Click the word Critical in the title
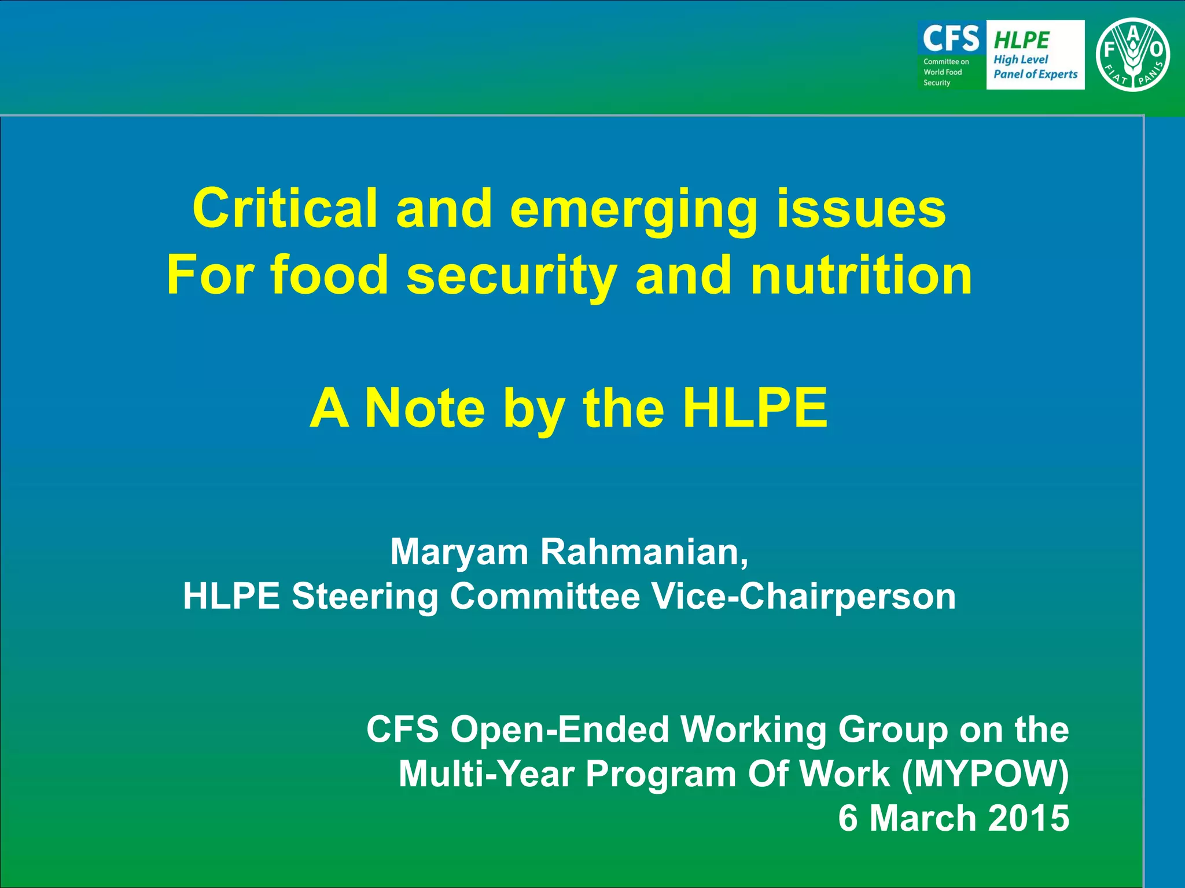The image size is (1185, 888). click(285, 209)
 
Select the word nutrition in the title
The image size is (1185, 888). click(861, 275)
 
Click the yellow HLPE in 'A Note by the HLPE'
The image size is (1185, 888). click(755, 408)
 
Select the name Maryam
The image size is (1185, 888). click(459, 553)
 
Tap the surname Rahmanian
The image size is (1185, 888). click(643, 553)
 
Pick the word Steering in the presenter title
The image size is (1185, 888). click(365, 597)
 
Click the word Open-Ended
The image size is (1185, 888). click(560, 730)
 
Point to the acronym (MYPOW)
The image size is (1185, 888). click(985, 774)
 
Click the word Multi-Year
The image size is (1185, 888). click(486, 774)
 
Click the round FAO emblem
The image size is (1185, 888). click(1132, 55)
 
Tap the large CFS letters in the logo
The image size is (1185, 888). click(951, 38)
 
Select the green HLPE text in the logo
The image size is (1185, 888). click(1021, 40)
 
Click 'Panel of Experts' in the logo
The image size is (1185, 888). click(1035, 74)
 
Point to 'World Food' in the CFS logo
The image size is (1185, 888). click(943, 72)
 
